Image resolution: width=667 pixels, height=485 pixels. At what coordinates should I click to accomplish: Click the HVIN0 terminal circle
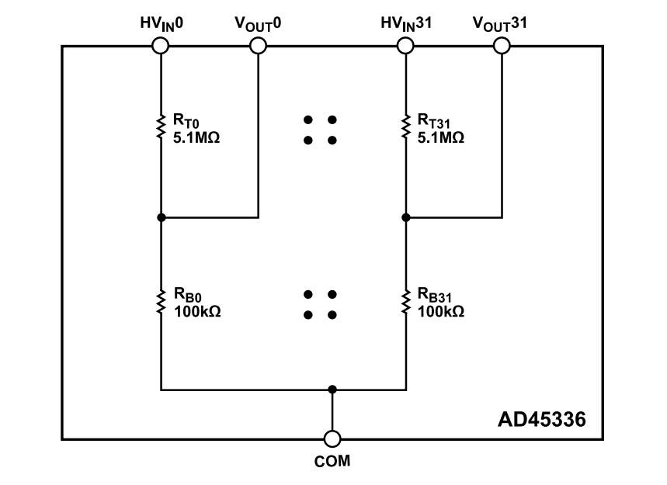click(x=160, y=46)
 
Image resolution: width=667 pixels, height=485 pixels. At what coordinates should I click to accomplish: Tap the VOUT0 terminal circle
click(x=258, y=46)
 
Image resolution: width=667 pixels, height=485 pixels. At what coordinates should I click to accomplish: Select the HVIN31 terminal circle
click(x=405, y=46)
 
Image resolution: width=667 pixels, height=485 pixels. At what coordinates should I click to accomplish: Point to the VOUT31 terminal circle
click(x=502, y=46)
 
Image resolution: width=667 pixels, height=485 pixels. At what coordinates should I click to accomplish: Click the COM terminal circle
click(x=332, y=439)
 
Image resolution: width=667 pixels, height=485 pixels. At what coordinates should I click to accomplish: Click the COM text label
click(x=332, y=462)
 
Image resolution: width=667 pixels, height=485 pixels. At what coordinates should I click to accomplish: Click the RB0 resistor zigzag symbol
click(x=160, y=302)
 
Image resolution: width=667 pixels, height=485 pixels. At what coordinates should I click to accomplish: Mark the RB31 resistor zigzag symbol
click(x=405, y=302)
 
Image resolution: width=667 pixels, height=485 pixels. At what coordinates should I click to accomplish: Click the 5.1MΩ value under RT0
click(x=196, y=137)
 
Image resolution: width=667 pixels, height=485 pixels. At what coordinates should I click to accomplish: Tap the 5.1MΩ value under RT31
click(x=441, y=137)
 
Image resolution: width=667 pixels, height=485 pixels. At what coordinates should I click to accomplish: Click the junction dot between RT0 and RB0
click(x=160, y=218)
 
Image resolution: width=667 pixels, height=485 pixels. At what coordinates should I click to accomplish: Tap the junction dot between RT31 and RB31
click(x=405, y=218)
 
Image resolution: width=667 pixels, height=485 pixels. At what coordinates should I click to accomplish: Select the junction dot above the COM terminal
click(x=332, y=389)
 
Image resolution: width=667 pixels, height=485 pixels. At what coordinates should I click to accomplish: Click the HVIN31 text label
click(x=405, y=23)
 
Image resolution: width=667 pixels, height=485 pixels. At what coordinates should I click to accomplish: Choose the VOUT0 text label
click(x=258, y=23)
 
